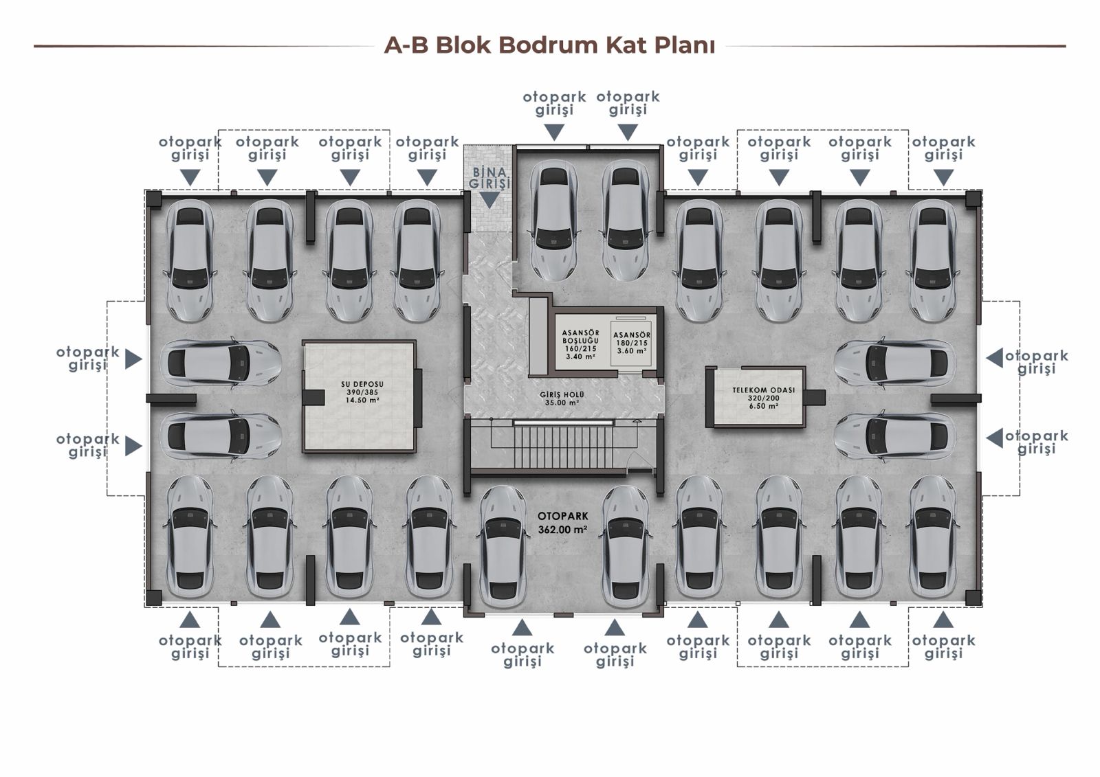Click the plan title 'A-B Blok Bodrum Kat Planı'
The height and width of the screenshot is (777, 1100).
pyautogui.click(x=549, y=45)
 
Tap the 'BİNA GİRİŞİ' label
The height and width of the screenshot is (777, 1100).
pyautogui.click(x=489, y=178)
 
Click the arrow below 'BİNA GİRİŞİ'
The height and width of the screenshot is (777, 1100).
pyautogui.click(x=489, y=199)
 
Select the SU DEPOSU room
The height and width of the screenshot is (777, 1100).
pyautogui.click(x=360, y=396)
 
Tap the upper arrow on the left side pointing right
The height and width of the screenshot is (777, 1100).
pyautogui.click(x=133, y=359)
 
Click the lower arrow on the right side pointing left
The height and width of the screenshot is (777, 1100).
pyautogui.click(x=994, y=438)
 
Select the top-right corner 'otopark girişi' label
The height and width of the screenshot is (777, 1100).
pyautogui.click(x=943, y=148)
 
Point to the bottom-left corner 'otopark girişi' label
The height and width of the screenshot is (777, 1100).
pyautogui.click(x=190, y=646)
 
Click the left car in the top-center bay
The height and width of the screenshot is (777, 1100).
pyautogui.click(x=553, y=220)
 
